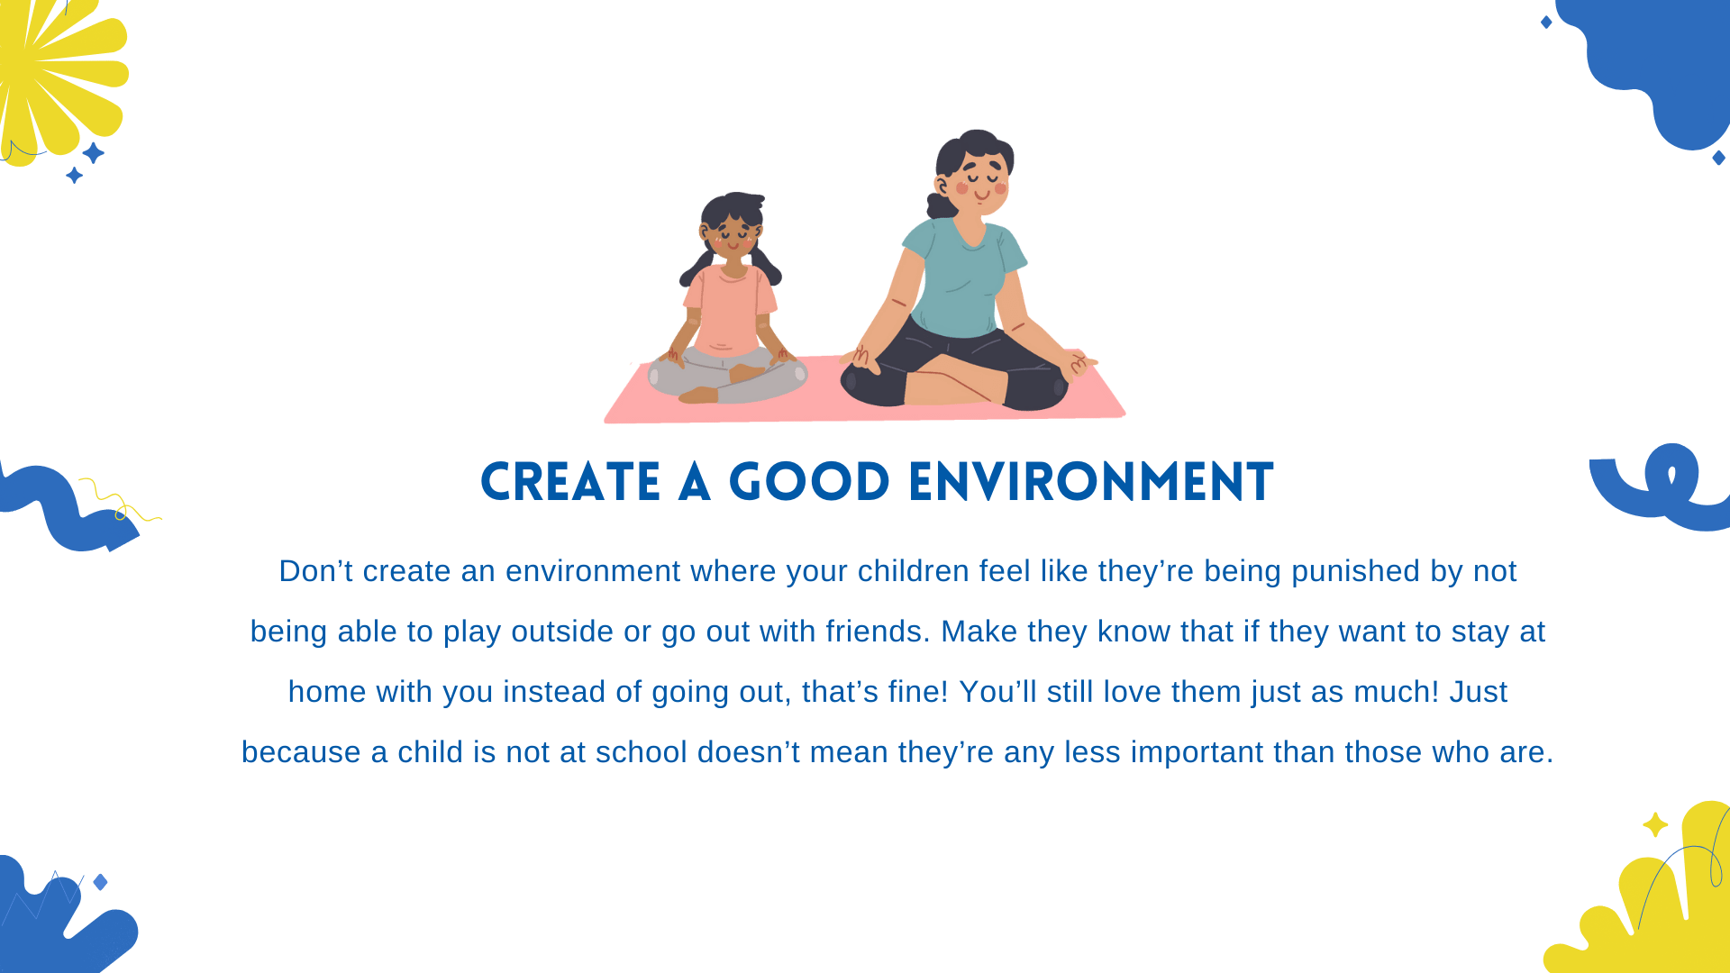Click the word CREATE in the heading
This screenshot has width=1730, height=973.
[570, 482]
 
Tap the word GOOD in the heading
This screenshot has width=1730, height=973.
[809, 482]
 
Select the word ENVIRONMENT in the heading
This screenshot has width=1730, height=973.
[1091, 482]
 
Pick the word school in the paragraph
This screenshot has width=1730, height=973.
[641, 752]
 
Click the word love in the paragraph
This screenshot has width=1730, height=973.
[1133, 692]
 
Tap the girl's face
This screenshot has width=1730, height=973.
[733, 237]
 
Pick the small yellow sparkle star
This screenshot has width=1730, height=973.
[1655, 824]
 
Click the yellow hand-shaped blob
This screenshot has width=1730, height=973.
[1658, 910]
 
